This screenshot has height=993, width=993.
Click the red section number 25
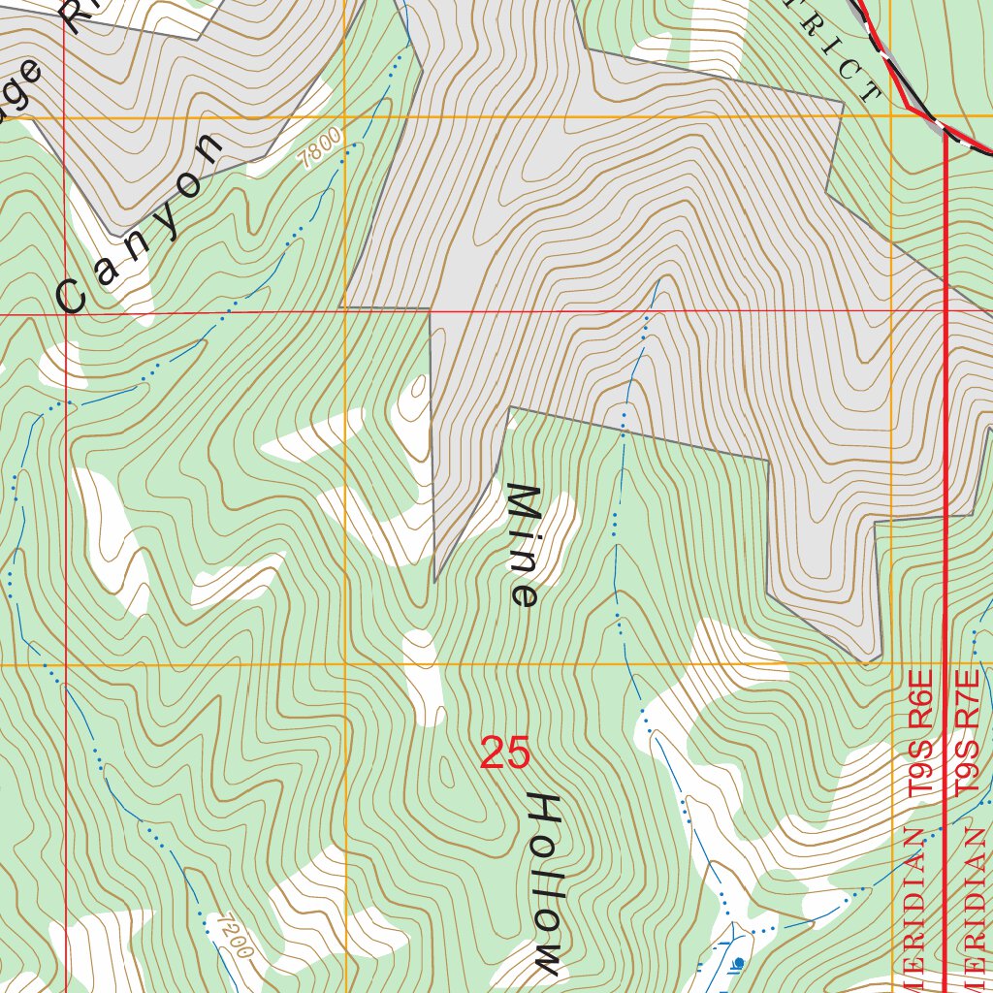[505, 753]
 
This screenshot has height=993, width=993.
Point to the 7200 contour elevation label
[235, 936]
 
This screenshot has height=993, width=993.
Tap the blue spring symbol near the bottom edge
[739, 962]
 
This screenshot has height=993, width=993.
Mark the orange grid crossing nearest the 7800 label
[345, 117]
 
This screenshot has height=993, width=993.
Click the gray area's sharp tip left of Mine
[435, 580]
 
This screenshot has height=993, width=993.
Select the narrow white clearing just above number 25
[423, 679]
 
